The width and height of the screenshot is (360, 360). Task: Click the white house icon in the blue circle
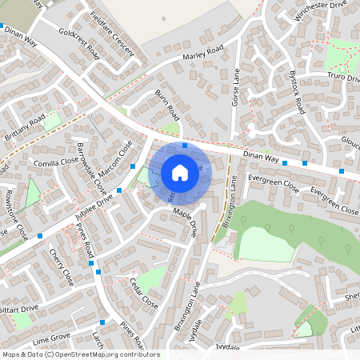tap(180, 172)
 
